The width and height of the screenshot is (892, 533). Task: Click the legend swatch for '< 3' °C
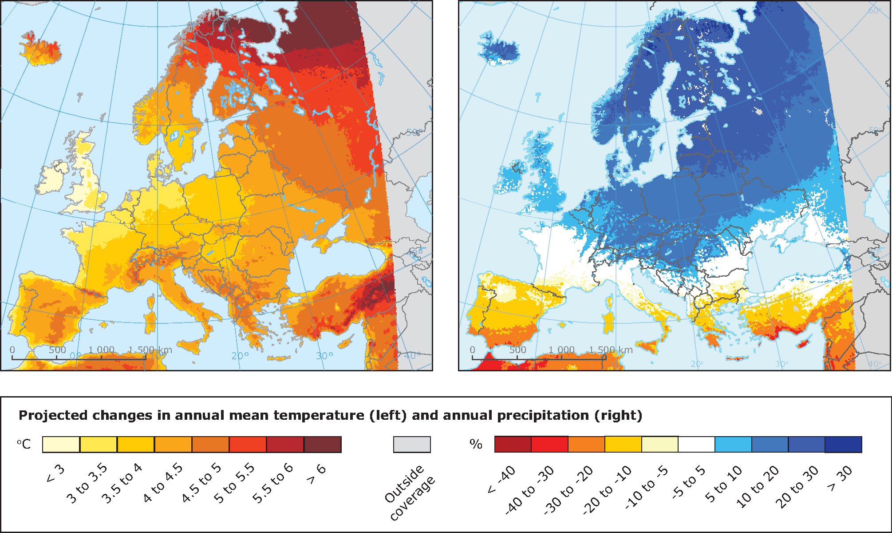61,444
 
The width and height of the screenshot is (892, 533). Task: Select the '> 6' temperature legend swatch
323,444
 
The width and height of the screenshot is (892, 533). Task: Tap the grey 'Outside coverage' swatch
412,444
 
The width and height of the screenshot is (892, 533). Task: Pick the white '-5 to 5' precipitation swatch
696,444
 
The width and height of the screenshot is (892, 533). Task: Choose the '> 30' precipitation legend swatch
843,444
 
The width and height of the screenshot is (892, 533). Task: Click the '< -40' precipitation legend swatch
513,444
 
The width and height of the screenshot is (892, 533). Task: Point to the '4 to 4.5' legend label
163,483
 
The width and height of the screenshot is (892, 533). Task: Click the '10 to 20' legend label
758,488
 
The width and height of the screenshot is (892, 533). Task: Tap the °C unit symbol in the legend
24,444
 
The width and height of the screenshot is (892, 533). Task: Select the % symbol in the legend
476,444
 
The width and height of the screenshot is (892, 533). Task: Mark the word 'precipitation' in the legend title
544,416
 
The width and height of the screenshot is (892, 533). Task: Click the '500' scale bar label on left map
57,350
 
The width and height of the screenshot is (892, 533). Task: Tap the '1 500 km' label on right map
611,350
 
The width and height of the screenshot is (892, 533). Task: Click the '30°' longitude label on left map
324,356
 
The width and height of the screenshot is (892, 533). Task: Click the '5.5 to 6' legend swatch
285,444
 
